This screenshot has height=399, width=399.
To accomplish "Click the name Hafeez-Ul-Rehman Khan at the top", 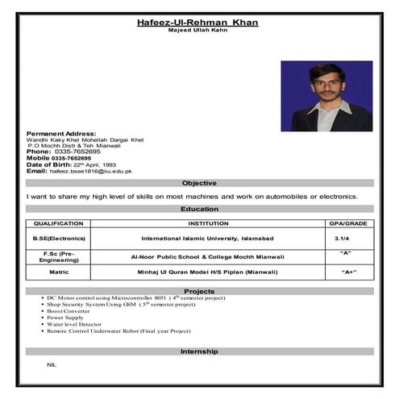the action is pyautogui.click(x=198, y=22).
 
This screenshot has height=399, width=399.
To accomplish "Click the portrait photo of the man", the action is pyautogui.click(x=326, y=96).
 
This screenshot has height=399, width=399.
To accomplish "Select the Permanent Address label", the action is pyautogui.click(x=61, y=132).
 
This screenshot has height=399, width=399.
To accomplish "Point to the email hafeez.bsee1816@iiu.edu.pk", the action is pyautogui.click(x=91, y=171).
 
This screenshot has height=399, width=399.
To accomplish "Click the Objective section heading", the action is pyautogui.click(x=199, y=183).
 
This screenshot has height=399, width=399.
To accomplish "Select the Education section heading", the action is pyautogui.click(x=199, y=209).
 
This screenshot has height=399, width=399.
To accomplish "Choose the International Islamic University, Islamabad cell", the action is pyautogui.click(x=208, y=239).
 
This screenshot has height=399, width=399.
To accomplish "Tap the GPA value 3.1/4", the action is pyautogui.click(x=343, y=239).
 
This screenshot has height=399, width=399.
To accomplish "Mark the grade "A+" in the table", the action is pyautogui.click(x=348, y=273).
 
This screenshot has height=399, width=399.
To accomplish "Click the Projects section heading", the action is pyautogui.click(x=199, y=291).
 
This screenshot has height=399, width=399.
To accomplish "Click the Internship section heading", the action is pyautogui.click(x=199, y=352).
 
